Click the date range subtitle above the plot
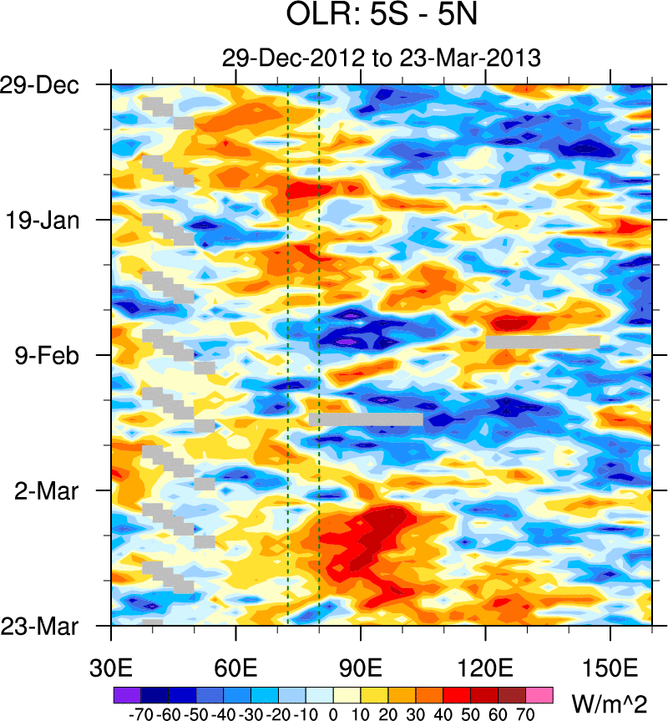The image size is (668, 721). coord(381,58)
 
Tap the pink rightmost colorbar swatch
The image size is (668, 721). coord(539,695)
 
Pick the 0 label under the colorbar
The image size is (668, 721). coord(333,714)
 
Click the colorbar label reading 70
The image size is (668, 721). coord(526,714)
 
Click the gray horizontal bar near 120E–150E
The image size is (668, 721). coord(543,342)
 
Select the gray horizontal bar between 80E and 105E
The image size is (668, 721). coord(366,419)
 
